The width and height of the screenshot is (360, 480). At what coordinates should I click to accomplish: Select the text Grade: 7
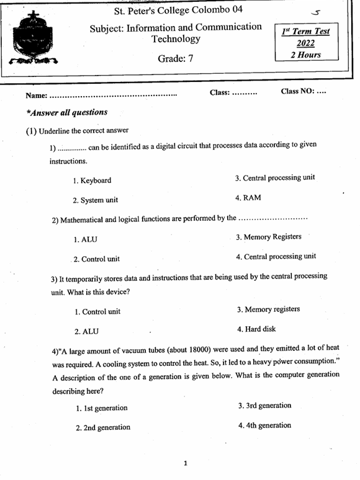coord(176,59)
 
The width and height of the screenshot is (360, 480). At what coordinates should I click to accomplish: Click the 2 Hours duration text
coord(306,55)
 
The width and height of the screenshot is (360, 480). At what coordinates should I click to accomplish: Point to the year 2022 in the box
coord(305,43)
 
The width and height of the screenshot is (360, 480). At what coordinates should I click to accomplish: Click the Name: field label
coord(37,96)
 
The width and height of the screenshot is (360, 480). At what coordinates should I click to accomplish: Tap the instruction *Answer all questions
coord(67,112)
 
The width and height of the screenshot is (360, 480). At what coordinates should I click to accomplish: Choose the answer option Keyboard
coord(92,180)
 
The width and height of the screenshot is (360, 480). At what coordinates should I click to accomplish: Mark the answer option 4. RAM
coord(248,198)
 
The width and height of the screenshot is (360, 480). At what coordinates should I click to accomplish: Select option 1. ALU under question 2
coord(86,239)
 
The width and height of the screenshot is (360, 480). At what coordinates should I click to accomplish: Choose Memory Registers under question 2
coord(269,237)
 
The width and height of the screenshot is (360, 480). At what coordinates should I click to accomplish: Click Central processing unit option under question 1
coord(275,178)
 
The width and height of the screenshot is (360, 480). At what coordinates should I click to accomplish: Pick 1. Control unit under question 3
coord(97,311)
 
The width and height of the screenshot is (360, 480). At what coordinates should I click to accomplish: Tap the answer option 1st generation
coord(102,408)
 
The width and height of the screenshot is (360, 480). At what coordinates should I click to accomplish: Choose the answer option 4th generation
coord(264,425)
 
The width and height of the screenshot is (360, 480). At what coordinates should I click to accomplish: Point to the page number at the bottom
coord(185,463)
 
